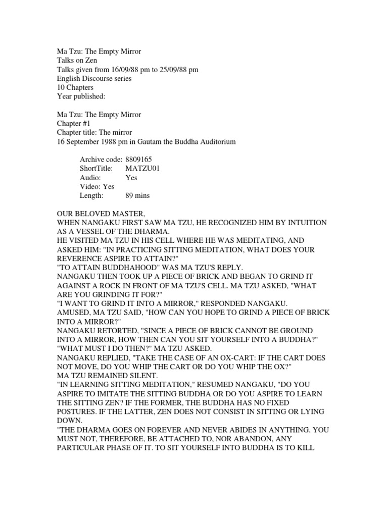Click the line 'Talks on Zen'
(x=76, y=60)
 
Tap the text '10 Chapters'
(x=75, y=87)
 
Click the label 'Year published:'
(x=80, y=96)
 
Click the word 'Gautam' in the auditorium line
(x=154, y=141)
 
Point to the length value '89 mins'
(x=137, y=196)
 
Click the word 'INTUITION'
(x=303, y=223)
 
